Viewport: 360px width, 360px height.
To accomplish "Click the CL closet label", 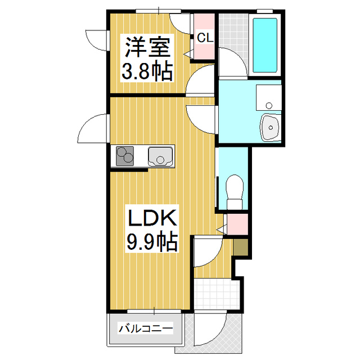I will (205, 38).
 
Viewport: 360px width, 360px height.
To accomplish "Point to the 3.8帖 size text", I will (147, 71).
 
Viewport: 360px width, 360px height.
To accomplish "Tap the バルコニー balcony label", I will (145, 328).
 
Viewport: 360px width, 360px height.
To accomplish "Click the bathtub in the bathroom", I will (264, 44).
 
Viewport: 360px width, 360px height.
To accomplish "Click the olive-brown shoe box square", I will (240, 246).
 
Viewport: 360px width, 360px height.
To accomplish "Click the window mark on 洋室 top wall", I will (159, 11).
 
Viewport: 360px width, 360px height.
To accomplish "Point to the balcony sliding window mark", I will (156, 310).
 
